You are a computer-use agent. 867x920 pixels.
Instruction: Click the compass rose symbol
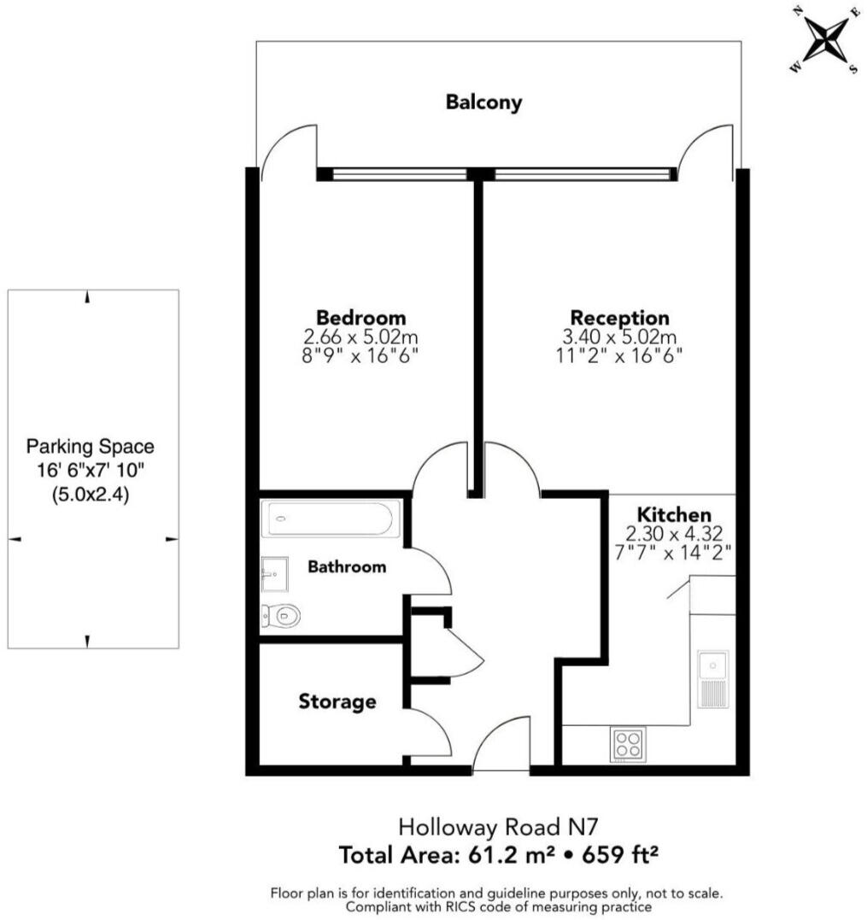(824, 42)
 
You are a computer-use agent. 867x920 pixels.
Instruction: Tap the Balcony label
(483, 103)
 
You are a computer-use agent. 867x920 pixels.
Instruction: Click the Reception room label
(619, 317)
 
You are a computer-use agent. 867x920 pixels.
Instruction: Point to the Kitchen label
(674, 515)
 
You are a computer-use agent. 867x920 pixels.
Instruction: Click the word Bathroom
(347, 566)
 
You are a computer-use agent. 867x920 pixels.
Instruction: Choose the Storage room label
(337, 702)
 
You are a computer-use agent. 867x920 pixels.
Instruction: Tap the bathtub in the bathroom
(330, 518)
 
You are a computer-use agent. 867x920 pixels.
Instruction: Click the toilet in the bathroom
(280, 615)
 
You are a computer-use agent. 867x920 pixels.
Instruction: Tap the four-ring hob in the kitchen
(628, 744)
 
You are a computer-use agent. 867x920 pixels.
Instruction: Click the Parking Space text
(90, 446)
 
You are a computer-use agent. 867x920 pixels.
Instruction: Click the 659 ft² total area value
(618, 854)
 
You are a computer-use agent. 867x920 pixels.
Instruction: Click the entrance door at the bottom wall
(500, 750)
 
